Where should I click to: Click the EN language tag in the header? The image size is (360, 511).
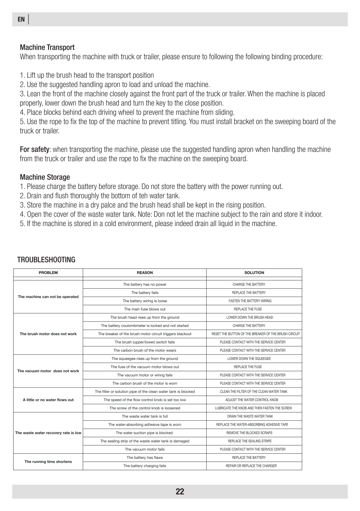tap(21, 19)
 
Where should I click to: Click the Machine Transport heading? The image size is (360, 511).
tap(47, 47)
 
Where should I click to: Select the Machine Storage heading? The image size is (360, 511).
tap(45, 177)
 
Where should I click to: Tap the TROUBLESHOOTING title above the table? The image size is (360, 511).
tap(46, 259)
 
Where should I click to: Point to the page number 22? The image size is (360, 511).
tap(180, 491)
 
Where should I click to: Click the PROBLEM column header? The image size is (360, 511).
tap(48, 273)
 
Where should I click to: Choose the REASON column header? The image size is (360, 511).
tap(144, 273)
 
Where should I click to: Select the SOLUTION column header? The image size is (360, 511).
tap(254, 273)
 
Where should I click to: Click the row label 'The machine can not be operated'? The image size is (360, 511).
tap(48, 296)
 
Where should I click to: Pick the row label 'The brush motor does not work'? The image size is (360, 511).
tap(48, 334)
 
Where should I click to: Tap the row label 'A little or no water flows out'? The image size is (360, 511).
tap(48, 400)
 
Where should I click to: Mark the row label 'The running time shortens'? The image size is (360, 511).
tap(48, 462)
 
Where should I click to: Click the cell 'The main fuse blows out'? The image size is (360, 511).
tap(144, 309)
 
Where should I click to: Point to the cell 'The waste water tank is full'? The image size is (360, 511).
tap(144, 416)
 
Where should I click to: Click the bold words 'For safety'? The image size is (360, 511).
tap(35, 149)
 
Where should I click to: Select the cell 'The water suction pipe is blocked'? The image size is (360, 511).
tap(144, 433)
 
